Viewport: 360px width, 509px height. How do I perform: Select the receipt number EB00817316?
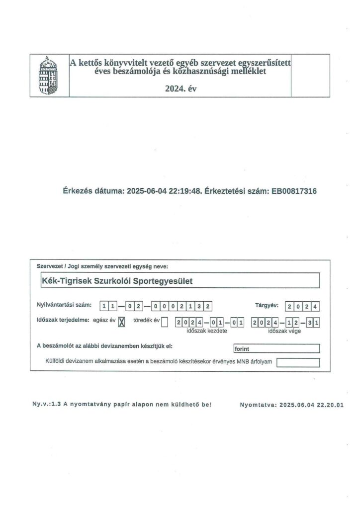tap(294, 190)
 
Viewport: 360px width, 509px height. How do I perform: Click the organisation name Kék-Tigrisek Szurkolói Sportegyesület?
tap(117, 281)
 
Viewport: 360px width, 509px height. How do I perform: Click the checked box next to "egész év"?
tap(121, 322)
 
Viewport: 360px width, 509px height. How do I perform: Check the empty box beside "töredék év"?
tap(165, 322)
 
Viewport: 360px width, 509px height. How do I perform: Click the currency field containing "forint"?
tap(276, 348)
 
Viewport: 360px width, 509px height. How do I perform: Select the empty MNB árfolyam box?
tap(297, 362)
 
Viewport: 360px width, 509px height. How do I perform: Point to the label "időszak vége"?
tap(282, 331)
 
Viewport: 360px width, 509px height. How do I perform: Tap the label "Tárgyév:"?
tap(267, 305)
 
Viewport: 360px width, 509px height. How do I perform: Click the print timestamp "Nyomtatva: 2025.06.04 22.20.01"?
tap(291, 405)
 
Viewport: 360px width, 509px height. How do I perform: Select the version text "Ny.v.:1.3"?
tap(46, 404)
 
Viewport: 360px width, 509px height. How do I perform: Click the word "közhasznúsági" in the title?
tap(211, 71)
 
